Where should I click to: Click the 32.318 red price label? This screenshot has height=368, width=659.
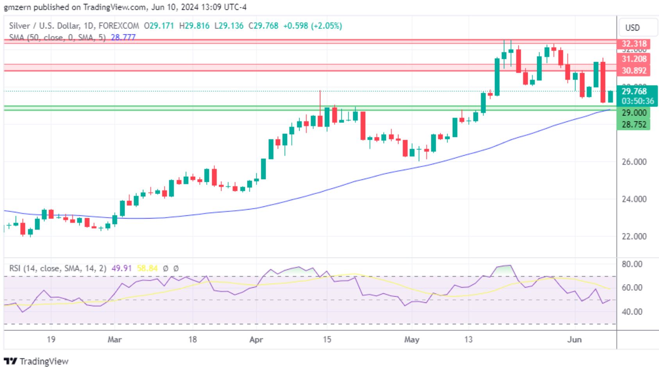tap(634, 44)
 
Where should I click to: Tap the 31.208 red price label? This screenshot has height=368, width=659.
tap(634, 59)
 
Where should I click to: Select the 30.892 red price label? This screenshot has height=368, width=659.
tap(634, 71)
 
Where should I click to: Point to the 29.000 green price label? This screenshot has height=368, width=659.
tap(634, 113)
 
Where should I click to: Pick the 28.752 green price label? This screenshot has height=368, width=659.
tap(634, 124)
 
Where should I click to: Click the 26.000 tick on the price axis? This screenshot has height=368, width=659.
tap(634, 162)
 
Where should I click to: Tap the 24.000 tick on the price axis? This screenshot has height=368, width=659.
tap(634, 199)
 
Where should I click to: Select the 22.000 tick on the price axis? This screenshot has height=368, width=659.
tap(634, 236)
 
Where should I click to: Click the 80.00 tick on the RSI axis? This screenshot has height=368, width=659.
tap(632, 264)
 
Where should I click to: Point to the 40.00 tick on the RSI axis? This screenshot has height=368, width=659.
tap(632, 312)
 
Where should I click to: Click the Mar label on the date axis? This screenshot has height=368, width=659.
tap(114, 340)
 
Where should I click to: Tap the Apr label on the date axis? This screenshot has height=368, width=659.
tap(256, 340)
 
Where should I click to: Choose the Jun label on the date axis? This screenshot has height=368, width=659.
tap(575, 340)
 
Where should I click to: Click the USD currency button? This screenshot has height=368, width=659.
tap(632, 28)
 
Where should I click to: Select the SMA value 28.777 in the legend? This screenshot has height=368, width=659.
tap(123, 37)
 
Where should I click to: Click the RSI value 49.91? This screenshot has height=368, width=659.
tap(121, 268)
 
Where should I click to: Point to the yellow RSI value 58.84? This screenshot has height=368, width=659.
tap(147, 268)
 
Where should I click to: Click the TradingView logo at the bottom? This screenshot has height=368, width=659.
tap(36, 361)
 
